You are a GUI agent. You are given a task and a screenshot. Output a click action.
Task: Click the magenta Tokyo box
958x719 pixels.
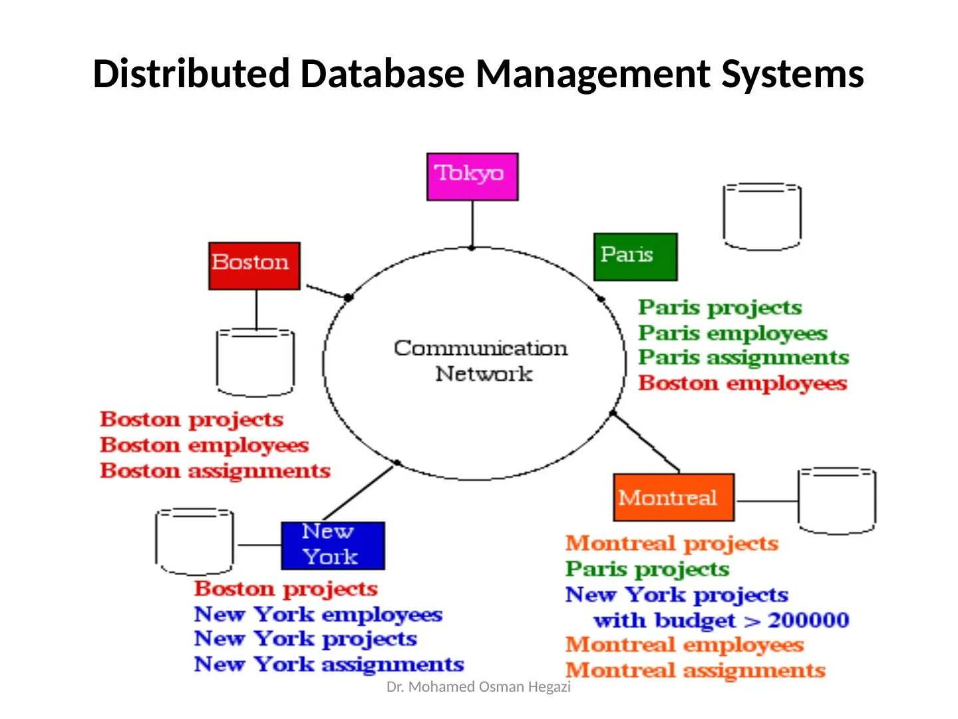click(472, 176)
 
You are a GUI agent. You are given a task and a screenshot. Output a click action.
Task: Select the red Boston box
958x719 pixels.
click(254, 266)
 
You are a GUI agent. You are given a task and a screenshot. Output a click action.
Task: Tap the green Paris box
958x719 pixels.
click(635, 256)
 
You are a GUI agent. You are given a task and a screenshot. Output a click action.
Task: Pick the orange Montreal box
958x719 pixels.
click(673, 497)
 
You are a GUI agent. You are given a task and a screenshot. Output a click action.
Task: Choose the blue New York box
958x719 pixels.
click(333, 545)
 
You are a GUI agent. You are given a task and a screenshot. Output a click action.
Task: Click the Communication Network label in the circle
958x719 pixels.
click(480, 360)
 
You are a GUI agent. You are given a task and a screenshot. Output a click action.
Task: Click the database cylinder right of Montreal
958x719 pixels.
click(837, 501)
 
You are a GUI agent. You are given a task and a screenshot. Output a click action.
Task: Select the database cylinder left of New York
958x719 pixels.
click(194, 542)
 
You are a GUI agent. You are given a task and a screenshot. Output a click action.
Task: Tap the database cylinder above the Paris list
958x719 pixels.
click(762, 217)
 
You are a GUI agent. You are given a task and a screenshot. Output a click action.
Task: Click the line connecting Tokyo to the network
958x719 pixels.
click(472, 224)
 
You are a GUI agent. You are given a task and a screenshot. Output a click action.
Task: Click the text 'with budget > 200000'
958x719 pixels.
click(721, 620)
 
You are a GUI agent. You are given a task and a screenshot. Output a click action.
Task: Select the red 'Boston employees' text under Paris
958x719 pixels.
click(742, 383)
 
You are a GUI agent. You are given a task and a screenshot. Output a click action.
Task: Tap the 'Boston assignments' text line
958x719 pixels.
click(215, 471)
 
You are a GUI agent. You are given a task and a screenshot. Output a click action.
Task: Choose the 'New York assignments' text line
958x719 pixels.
click(329, 664)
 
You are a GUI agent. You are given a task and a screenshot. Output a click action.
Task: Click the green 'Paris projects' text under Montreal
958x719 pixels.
click(647, 569)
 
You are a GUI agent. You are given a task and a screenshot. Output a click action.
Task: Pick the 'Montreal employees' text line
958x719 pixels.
click(685, 645)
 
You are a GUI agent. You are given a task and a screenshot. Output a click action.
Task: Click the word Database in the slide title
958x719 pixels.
click(382, 74)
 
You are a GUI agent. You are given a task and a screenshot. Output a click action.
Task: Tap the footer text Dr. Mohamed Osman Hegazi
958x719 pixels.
click(478, 687)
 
